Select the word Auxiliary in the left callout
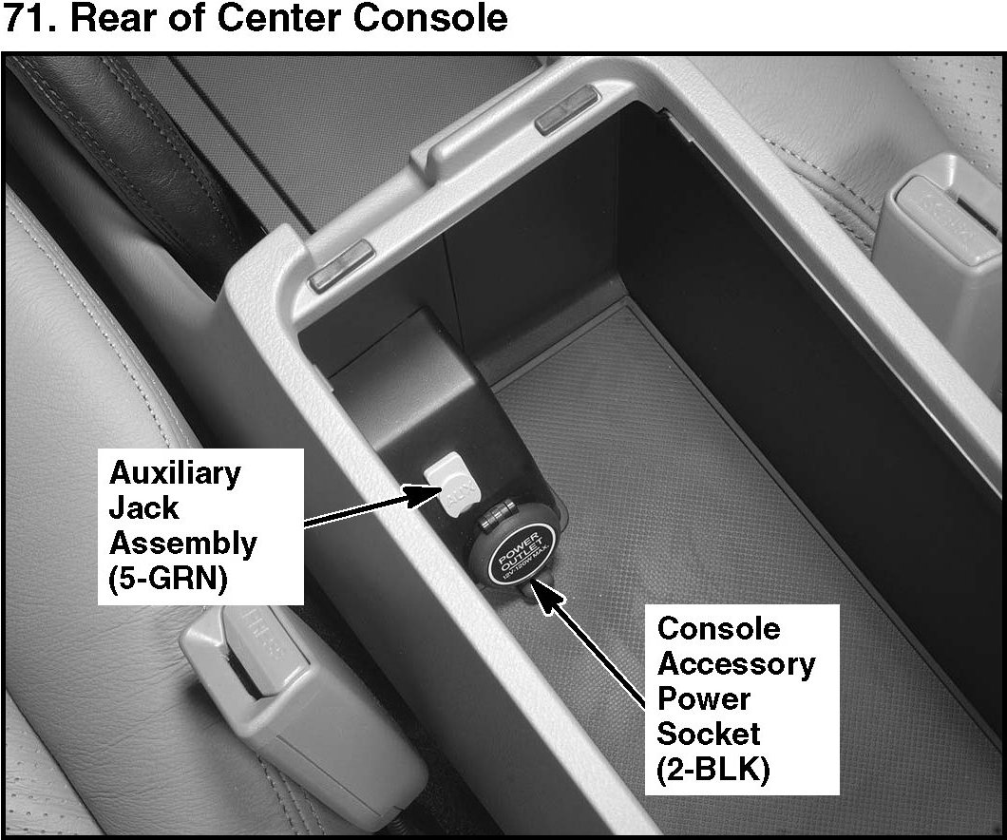(176, 472)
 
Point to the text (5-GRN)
(168, 580)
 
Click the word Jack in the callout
(143, 507)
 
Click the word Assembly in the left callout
(183, 544)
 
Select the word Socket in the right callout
(709, 734)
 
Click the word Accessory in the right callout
(736, 663)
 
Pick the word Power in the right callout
(703, 698)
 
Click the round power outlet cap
(519, 557)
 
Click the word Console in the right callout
(718, 628)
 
